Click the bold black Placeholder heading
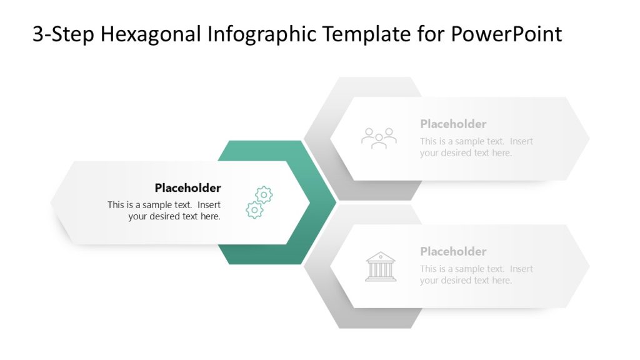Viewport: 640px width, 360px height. tap(187, 188)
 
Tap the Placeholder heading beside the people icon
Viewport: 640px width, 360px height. tap(453, 124)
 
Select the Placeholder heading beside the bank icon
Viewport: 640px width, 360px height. tap(453, 252)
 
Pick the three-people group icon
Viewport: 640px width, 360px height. tap(379, 138)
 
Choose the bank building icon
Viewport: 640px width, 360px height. tap(381, 267)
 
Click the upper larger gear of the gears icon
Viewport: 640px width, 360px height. tap(264, 195)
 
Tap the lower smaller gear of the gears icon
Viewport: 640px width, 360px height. tap(254, 210)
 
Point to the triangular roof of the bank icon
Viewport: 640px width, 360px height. tap(381, 257)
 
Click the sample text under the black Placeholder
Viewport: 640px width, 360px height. tap(164, 211)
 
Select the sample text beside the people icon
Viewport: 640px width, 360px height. tap(476, 147)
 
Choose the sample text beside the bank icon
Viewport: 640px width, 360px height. tap(476, 274)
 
